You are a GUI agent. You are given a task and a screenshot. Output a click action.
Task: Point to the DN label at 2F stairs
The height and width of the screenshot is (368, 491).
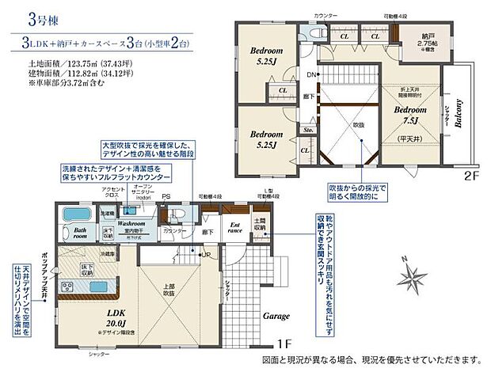click(x=312, y=74)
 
